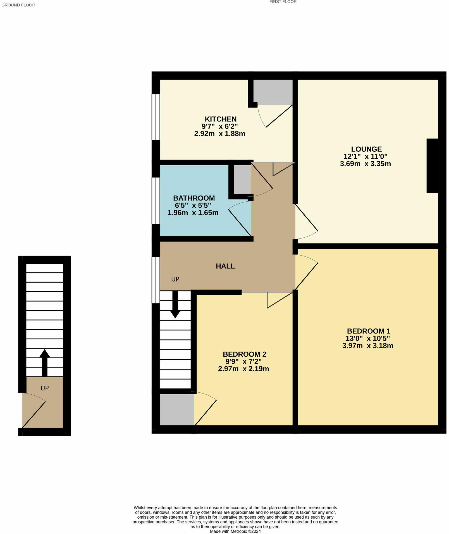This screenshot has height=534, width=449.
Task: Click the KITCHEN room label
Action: click(221, 119)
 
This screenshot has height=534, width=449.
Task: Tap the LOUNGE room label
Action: click(366, 149)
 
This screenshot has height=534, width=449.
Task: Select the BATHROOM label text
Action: click(194, 198)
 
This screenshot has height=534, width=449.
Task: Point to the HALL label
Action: click(225, 266)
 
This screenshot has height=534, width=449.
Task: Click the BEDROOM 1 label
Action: click(368, 331)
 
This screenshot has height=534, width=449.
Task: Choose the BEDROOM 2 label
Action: click(244, 354)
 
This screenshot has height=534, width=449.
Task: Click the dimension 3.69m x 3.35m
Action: click(365, 164)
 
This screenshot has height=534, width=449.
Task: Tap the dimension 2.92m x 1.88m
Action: click(219, 134)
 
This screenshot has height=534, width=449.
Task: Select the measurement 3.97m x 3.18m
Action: click(367, 346)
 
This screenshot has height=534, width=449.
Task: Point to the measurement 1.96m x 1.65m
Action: click(193, 213)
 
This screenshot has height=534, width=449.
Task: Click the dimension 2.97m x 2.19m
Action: click(243, 369)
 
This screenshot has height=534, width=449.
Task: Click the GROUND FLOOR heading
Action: click(18, 5)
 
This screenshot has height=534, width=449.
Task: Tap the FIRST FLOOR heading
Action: click(283, 2)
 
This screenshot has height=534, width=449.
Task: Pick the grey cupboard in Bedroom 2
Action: click(177, 409)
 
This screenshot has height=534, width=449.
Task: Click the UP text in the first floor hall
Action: click(175, 279)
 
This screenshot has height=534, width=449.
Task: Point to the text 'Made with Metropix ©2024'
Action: click(235, 531)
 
